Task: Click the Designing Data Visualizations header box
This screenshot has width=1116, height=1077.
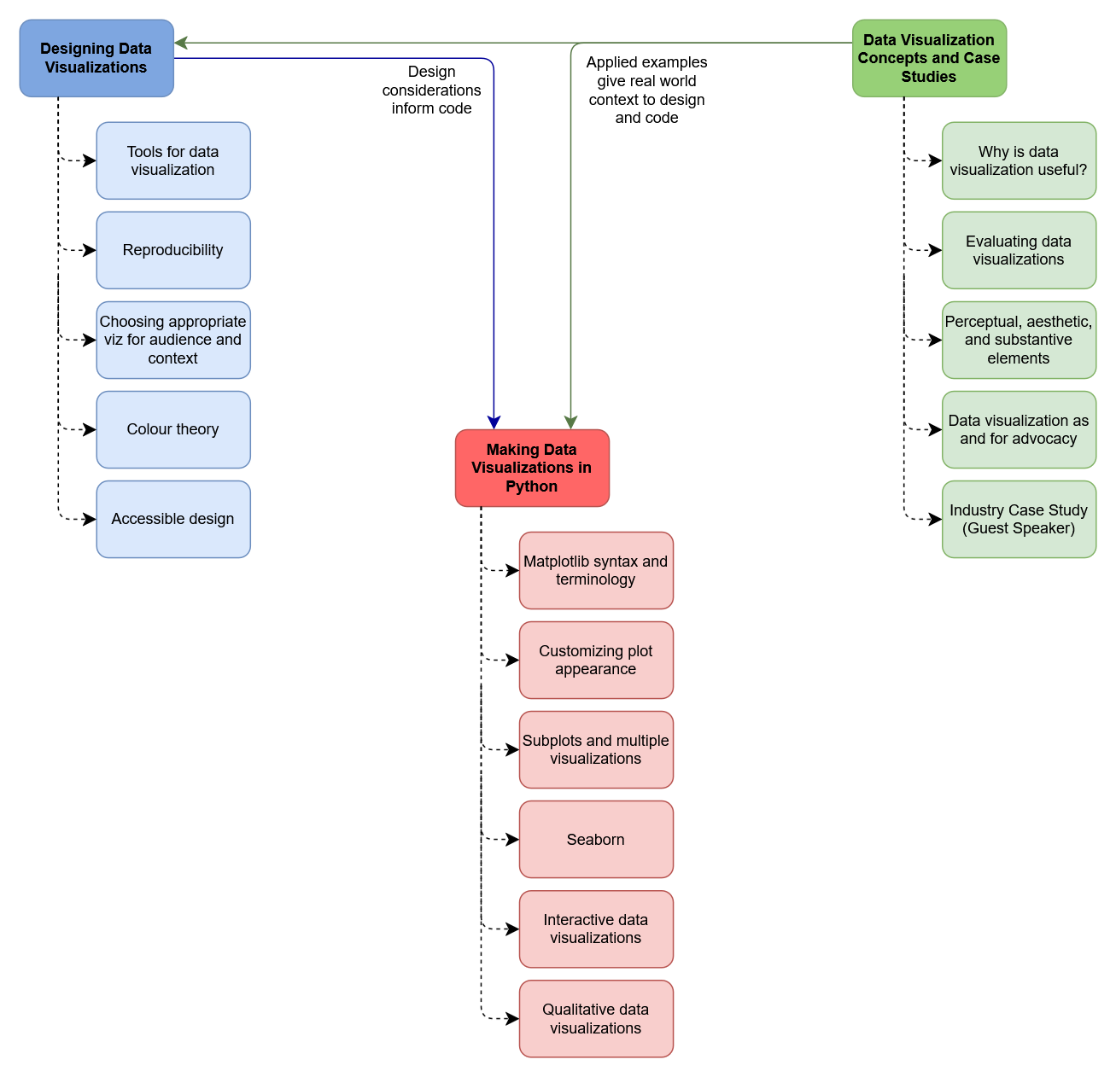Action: coord(96,58)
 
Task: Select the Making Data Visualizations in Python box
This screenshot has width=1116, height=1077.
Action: coord(532,468)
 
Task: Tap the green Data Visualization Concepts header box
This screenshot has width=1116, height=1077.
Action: coord(929,58)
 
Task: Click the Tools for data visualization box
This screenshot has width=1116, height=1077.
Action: coord(173,160)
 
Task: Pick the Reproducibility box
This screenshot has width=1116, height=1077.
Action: coord(173,250)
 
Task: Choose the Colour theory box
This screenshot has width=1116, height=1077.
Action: coord(173,429)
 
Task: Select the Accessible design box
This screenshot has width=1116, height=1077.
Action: coord(173,519)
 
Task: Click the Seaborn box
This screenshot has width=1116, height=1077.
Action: coord(596,839)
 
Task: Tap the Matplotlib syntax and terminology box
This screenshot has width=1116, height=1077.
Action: coord(596,570)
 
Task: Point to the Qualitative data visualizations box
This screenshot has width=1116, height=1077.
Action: coord(596,1018)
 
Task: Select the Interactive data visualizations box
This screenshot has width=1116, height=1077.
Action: coord(596,929)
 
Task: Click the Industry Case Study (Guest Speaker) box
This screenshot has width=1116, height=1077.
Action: coord(1019,519)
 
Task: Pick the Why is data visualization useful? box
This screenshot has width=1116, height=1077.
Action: coord(1019,160)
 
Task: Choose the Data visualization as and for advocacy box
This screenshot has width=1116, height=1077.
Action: coord(1019,429)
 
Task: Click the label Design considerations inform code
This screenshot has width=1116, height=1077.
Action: coord(431,90)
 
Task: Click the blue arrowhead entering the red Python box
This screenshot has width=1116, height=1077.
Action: coord(494,422)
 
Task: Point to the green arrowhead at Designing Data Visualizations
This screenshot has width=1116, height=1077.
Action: coord(181,43)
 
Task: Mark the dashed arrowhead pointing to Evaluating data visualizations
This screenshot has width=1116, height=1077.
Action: coord(936,250)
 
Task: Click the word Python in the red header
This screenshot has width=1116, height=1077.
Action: coord(531,486)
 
